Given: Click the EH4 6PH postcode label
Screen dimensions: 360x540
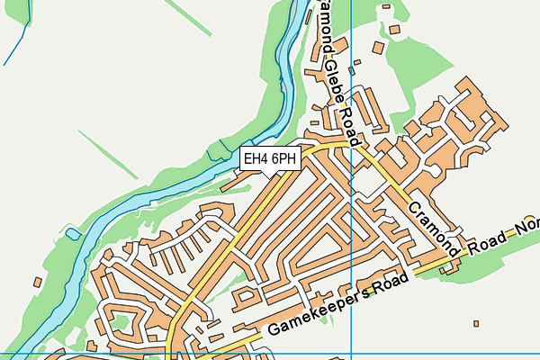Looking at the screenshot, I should [x=270, y=159].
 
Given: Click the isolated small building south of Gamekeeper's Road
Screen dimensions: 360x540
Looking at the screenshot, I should [x=475, y=322].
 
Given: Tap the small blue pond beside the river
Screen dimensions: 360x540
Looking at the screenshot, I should [x=216, y=150].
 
